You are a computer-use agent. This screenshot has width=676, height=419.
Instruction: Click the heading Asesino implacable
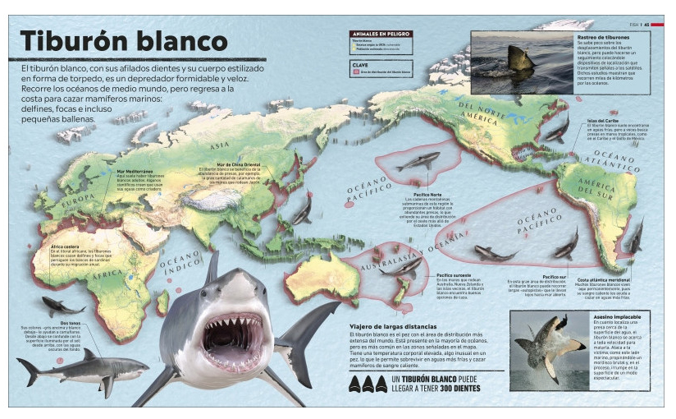[x=616, y=316]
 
